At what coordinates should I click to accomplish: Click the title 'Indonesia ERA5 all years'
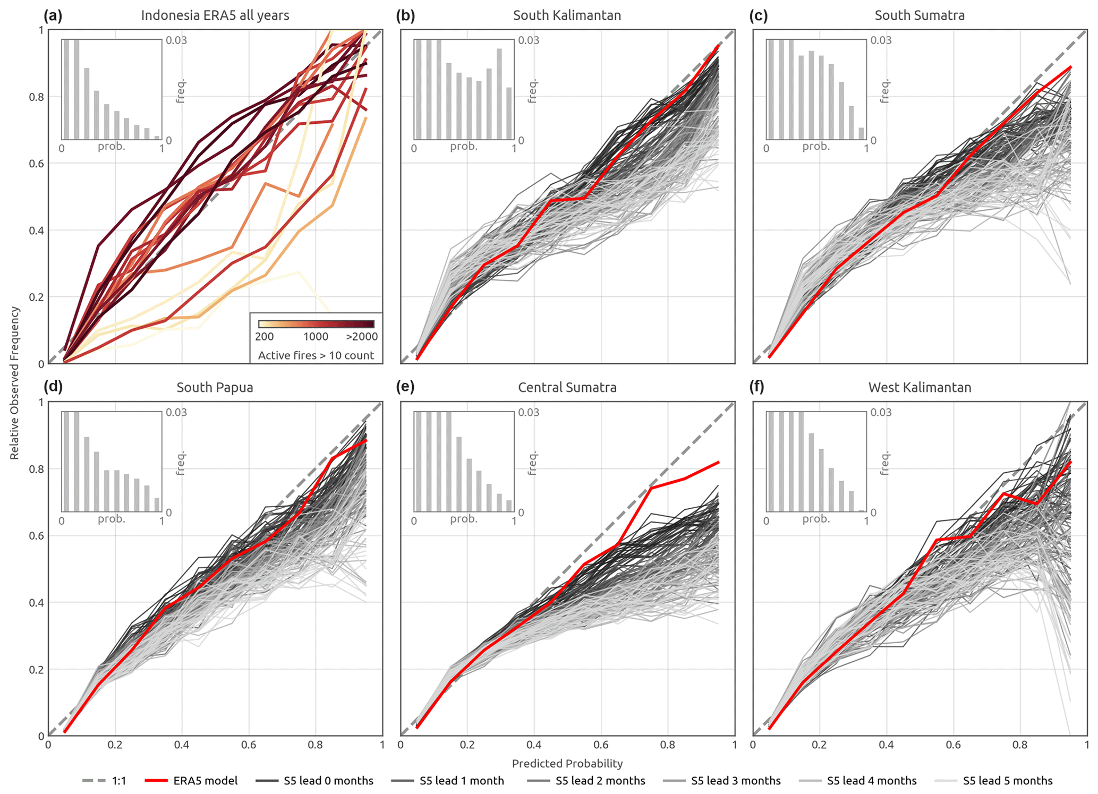(x=215, y=15)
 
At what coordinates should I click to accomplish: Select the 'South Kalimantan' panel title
(x=567, y=15)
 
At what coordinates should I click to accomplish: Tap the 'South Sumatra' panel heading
(x=920, y=15)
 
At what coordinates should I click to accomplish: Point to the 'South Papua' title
(x=215, y=388)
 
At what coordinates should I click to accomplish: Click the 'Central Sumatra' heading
(x=567, y=388)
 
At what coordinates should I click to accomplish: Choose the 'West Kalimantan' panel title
(x=920, y=388)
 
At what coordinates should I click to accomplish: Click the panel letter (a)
(x=53, y=15)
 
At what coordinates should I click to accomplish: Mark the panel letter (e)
(x=405, y=387)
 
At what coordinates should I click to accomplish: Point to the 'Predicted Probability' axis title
(x=567, y=764)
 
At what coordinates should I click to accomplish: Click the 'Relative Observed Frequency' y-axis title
(x=14, y=383)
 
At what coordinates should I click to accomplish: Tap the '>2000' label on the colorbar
(x=361, y=337)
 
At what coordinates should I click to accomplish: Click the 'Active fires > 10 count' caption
(x=316, y=355)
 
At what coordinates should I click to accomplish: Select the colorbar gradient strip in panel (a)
(x=316, y=324)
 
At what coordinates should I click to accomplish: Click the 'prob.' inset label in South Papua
(x=112, y=519)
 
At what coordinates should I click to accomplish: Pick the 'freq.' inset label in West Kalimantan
(x=884, y=463)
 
